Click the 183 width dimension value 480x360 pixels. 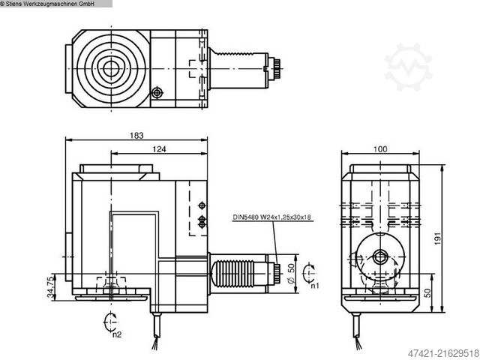(136, 135)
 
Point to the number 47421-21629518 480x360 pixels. (439, 352)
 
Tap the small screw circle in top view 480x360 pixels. (157, 92)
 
